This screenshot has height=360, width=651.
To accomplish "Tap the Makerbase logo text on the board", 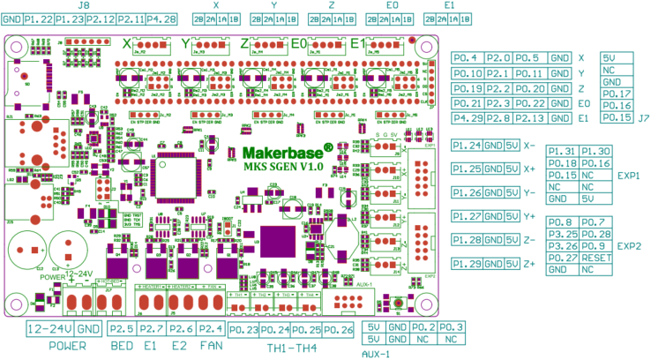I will [x=281, y=151].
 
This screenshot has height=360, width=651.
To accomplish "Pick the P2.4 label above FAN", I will [x=209, y=329].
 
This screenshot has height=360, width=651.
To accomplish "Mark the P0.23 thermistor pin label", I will [x=243, y=330].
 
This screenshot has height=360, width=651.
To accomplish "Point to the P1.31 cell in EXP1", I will [x=562, y=152].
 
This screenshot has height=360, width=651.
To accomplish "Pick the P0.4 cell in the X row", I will [x=465, y=58].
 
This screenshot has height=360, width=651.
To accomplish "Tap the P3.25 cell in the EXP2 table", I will [x=562, y=234].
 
